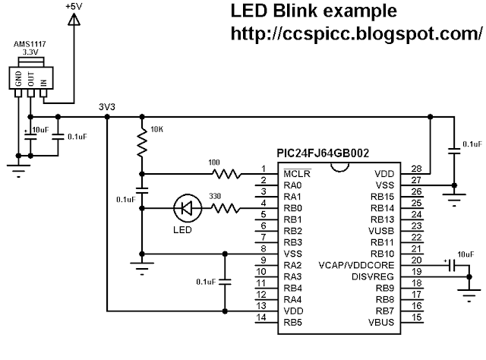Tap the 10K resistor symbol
coord(141,142)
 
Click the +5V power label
coord(74,6)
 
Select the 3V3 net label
coord(107,106)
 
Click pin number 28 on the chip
coord(415,169)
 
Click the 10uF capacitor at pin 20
coord(451,266)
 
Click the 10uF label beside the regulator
coord(39,131)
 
